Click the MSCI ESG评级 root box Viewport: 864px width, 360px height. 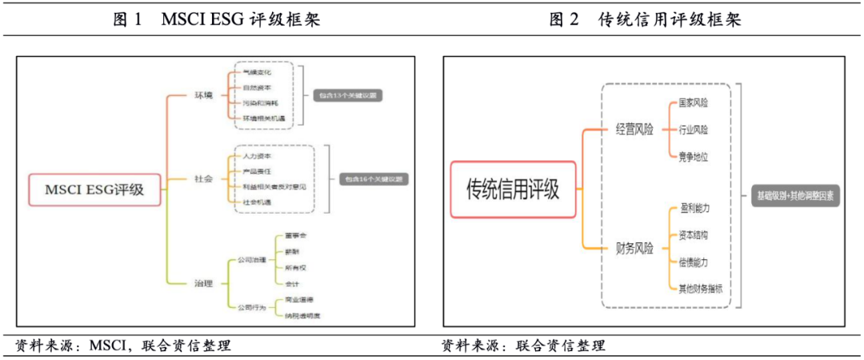click(x=94, y=190)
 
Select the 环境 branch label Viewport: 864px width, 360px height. click(x=204, y=96)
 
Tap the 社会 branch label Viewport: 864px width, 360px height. click(x=204, y=178)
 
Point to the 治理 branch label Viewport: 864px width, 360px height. click(x=204, y=283)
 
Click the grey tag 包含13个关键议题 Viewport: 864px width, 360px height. click(x=346, y=95)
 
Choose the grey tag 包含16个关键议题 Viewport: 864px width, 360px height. click(x=373, y=178)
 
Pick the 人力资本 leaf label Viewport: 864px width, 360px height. click(x=258, y=156)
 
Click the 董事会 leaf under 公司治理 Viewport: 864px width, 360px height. click(x=296, y=237)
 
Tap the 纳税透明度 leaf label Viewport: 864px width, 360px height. click(x=302, y=315)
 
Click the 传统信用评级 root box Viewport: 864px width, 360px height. click(x=513, y=190)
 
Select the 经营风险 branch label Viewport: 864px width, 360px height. click(x=634, y=130)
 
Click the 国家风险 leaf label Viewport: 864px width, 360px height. click(x=693, y=103)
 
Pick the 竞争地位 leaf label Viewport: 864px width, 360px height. click(x=693, y=157)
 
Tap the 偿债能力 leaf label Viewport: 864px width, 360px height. click(x=693, y=262)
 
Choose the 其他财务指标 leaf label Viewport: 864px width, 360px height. click(x=698, y=287)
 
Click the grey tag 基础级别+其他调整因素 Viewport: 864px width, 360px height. click(x=797, y=195)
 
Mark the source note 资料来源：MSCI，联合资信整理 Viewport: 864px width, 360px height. click(x=123, y=346)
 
